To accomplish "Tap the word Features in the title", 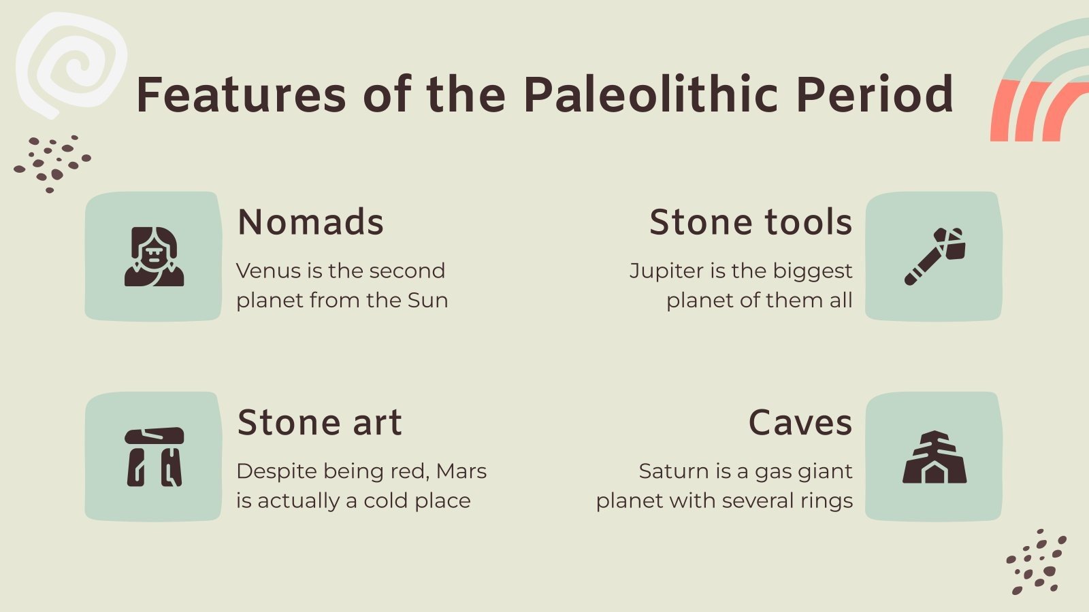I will [x=241, y=95].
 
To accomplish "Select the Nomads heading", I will [x=310, y=222].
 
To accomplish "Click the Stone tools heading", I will [x=750, y=222].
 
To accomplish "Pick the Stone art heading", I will [x=319, y=422].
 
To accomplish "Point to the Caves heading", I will [x=800, y=422].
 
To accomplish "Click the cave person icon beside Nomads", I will [x=155, y=256].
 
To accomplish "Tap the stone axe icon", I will [x=934, y=256].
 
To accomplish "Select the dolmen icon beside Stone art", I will [x=155, y=457].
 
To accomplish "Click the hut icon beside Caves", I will [x=934, y=457].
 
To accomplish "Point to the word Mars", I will [x=461, y=471].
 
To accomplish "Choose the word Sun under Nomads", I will [x=427, y=300].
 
